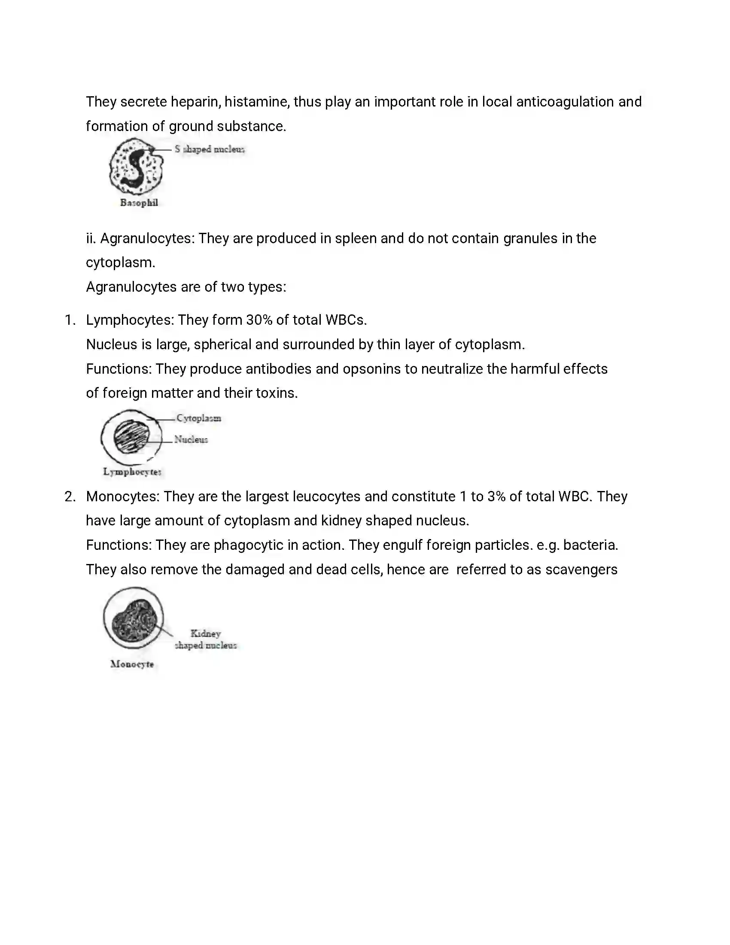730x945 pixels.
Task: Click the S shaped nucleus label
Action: (210, 149)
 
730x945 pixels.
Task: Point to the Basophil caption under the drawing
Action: (139, 203)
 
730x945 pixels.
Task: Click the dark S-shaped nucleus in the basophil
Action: (137, 167)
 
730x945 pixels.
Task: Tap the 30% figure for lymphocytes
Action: (259, 320)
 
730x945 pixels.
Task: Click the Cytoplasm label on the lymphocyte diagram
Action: (198, 418)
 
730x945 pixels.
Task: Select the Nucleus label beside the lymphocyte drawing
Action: (191, 439)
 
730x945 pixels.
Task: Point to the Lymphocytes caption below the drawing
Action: (132, 472)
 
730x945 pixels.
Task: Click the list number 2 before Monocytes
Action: (70, 497)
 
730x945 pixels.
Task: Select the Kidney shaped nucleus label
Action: (206, 640)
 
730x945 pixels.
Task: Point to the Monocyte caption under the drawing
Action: (132, 664)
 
